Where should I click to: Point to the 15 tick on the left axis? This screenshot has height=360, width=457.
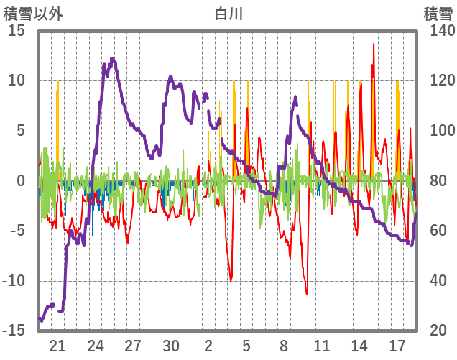pyautogui.click(x=16, y=31)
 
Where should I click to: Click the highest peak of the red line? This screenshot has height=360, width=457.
pyautogui.click(x=374, y=45)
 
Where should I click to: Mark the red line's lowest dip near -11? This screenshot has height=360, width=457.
pyautogui.click(x=307, y=294)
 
